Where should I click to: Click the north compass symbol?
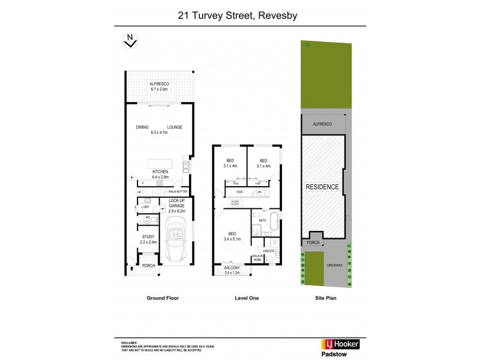point(129,41)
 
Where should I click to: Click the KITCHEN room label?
point(160,172)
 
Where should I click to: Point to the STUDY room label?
point(149,237)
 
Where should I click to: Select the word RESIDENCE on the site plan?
point(323,187)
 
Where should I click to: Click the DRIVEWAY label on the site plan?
point(334,264)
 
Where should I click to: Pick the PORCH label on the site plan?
point(312,243)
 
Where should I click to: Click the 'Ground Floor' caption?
point(162,298)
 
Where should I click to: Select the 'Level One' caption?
point(246,298)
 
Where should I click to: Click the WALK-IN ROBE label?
point(257,257)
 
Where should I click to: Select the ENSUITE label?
point(269,250)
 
